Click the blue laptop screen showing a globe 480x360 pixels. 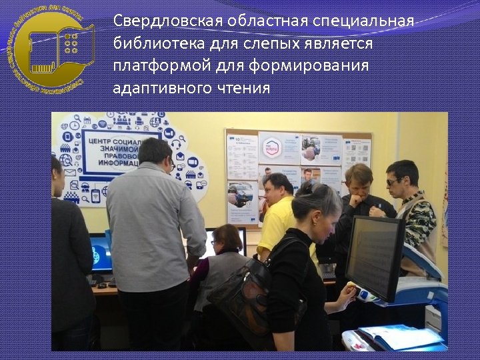(x=101, y=253)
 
